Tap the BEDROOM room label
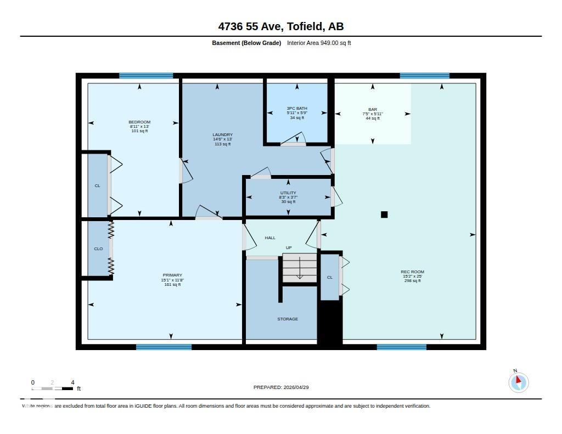pos(139,122)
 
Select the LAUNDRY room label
pos(222,135)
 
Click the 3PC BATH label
pos(297,109)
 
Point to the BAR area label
pos(373,109)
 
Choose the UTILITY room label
pos(288,193)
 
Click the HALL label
pos(270,238)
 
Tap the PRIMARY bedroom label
pos(172,275)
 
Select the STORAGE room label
pos(288,319)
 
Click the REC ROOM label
pos(412,272)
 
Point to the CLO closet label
pos(98,249)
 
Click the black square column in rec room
pos(384,215)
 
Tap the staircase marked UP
pos(300,268)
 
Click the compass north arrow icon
pos(518,382)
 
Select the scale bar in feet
pos(53,388)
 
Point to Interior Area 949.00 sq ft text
pos(319,43)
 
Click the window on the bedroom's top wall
pos(146,76)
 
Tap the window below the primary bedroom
pos(164,347)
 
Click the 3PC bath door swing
pos(294,141)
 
